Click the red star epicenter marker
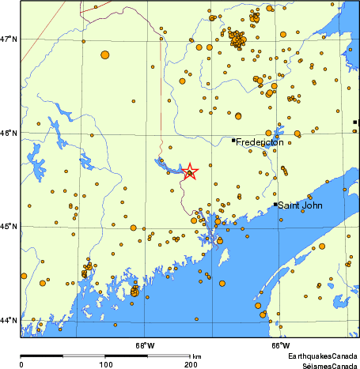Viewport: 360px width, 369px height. [x=190, y=171]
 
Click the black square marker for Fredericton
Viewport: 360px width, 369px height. [x=233, y=141]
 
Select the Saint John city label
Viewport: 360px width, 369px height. [x=297, y=205]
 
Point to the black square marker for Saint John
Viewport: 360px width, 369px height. [x=275, y=204]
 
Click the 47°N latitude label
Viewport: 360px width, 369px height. [x=9, y=39]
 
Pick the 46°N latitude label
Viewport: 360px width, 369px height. [x=9, y=133]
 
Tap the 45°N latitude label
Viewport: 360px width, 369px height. [x=9, y=227]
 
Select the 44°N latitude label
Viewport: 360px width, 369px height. [x=9, y=320]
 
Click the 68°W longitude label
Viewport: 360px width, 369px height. [x=144, y=345]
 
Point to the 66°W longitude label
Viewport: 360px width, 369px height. [x=280, y=345]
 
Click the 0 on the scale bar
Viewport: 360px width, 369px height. [x=21, y=364]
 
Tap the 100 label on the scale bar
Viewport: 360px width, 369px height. [x=105, y=364]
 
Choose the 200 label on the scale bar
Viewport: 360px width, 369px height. [x=190, y=364]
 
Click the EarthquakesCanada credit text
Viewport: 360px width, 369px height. [x=323, y=357]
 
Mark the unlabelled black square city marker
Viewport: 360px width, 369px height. [x=355, y=122]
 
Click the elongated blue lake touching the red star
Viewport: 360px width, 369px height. [x=168, y=165]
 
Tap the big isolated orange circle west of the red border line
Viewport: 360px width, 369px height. [x=105, y=55]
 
